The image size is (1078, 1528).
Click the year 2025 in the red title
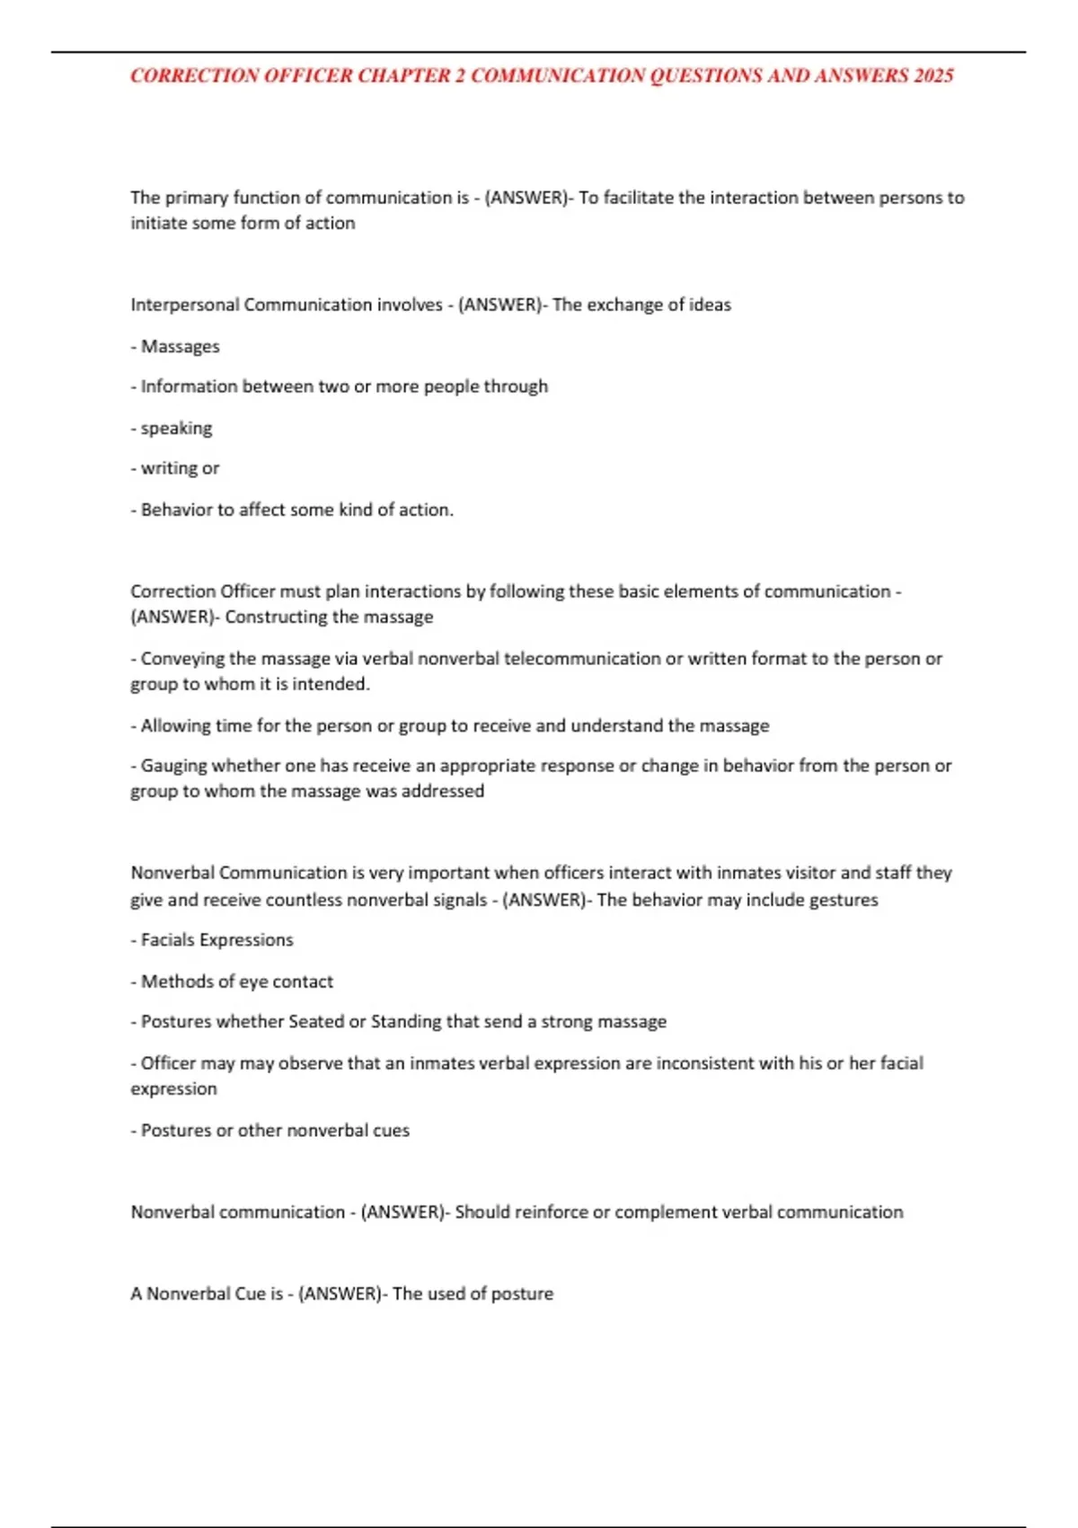pyautogui.click(x=933, y=76)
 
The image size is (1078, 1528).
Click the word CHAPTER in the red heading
pyautogui.click(x=402, y=76)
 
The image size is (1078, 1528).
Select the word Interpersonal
pyautogui.click(x=184, y=305)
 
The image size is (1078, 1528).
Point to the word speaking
pyautogui.click(x=176, y=429)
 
